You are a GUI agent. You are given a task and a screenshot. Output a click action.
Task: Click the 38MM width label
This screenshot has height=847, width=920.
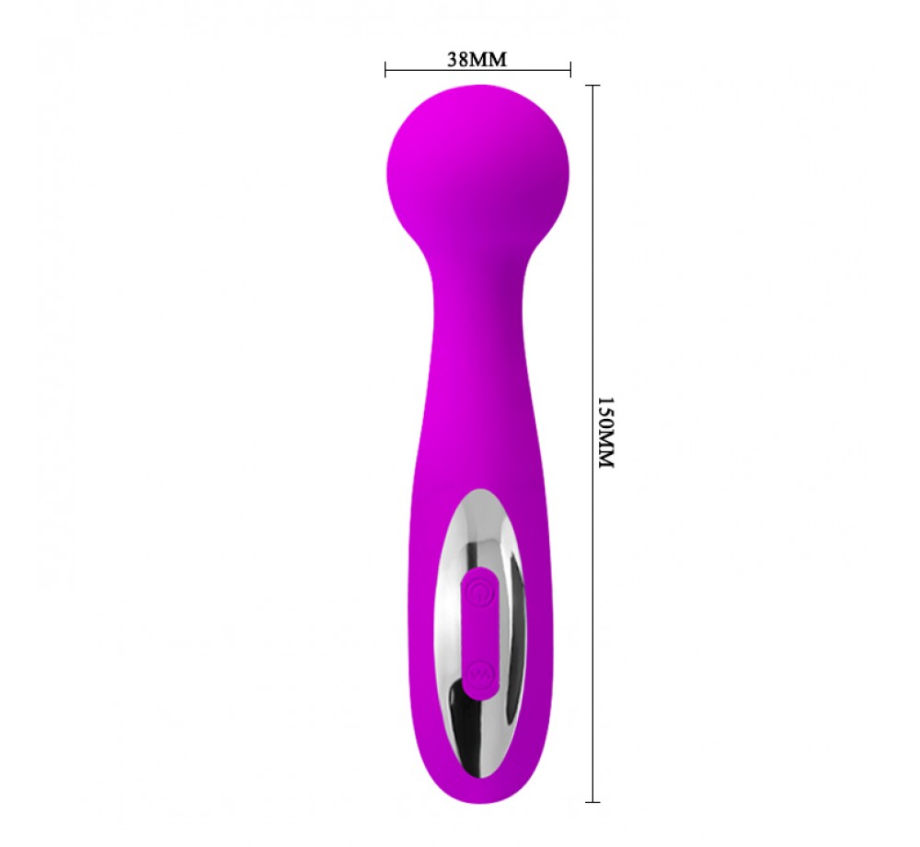click(x=477, y=59)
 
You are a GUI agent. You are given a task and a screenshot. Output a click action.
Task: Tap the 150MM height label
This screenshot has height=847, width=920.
click(x=605, y=432)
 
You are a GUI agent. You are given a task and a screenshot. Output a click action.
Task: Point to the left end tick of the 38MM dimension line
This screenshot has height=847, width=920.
click(x=385, y=70)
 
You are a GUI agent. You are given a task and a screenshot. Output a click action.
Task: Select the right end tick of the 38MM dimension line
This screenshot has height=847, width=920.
click(x=570, y=70)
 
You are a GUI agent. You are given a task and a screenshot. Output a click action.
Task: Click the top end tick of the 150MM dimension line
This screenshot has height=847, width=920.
click(x=592, y=86)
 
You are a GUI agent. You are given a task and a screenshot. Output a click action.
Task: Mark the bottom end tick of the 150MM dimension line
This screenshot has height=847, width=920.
click(x=592, y=801)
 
